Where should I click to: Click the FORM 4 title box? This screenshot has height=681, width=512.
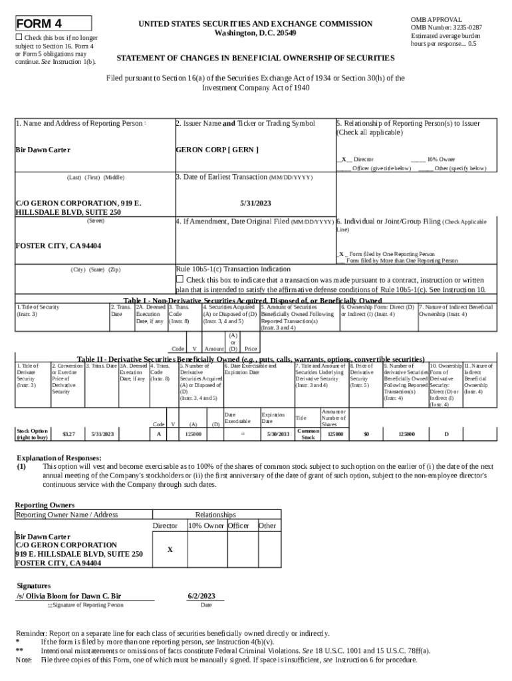click(53, 23)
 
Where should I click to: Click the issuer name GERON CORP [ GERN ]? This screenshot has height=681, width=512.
click(217, 150)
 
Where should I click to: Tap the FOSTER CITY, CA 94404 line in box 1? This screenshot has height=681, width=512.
click(58, 246)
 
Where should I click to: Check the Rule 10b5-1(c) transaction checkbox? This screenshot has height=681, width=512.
click(179, 279)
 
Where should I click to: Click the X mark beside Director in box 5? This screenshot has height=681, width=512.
click(344, 160)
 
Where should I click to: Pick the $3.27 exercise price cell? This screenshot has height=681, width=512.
click(68, 434)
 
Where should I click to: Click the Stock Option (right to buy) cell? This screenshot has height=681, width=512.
click(32, 434)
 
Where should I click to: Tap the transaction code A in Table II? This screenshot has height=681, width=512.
click(158, 434)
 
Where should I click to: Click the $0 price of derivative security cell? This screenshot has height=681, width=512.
click(366, 434)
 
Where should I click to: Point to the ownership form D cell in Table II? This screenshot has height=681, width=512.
click(446, 434)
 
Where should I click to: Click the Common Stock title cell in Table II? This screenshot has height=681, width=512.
click(308, 434)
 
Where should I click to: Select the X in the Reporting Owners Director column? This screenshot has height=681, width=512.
click(170, 549)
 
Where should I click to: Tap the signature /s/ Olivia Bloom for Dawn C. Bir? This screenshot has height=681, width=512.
click(68, 597)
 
